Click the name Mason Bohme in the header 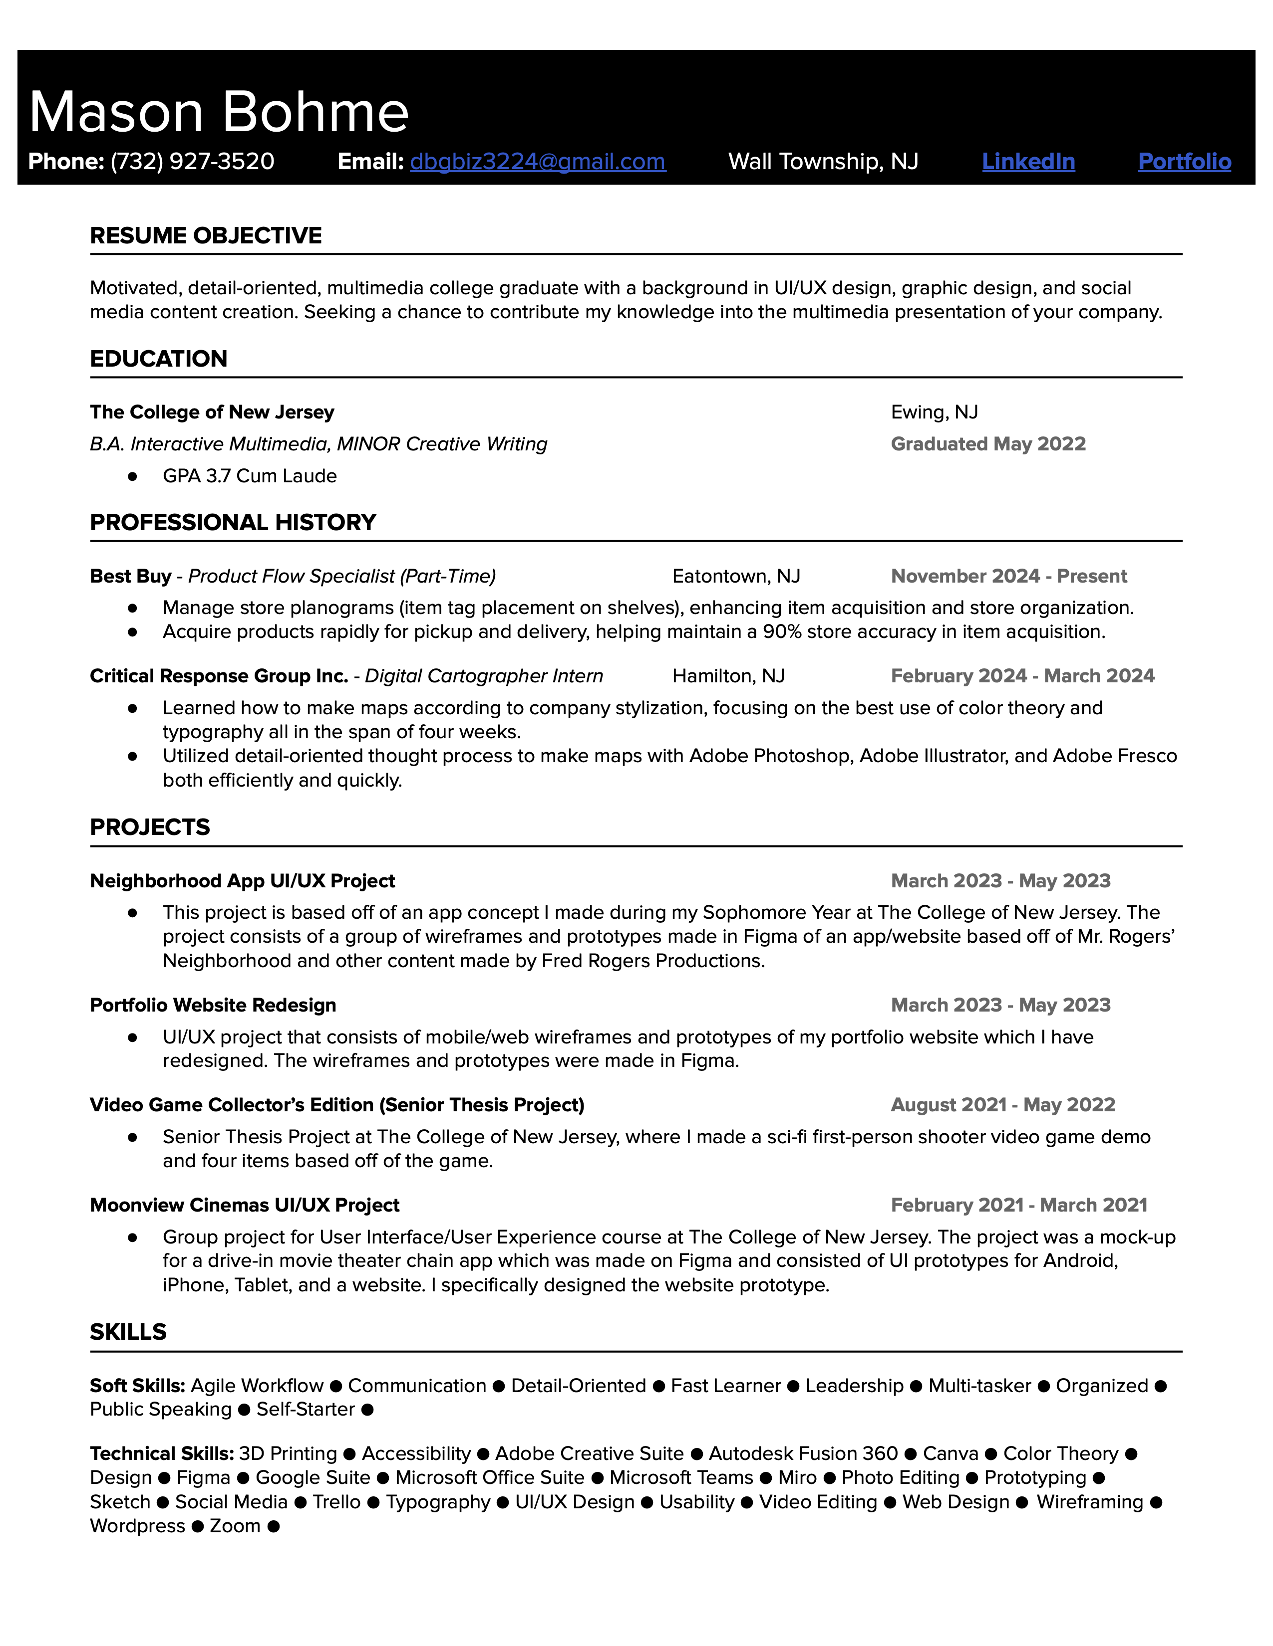219,112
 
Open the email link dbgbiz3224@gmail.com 538,161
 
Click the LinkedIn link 1028,161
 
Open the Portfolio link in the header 1184,161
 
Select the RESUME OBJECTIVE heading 206,236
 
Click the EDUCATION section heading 158,359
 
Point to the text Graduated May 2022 988,444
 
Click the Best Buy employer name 130,577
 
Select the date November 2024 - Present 1008,577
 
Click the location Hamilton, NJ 728,676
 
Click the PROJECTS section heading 150,827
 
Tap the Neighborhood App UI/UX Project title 242,881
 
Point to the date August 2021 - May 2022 1002,1105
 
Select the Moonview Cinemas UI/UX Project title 244,1205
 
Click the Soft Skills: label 137,1386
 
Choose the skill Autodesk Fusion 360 803,1454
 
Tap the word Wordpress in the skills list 137,1526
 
